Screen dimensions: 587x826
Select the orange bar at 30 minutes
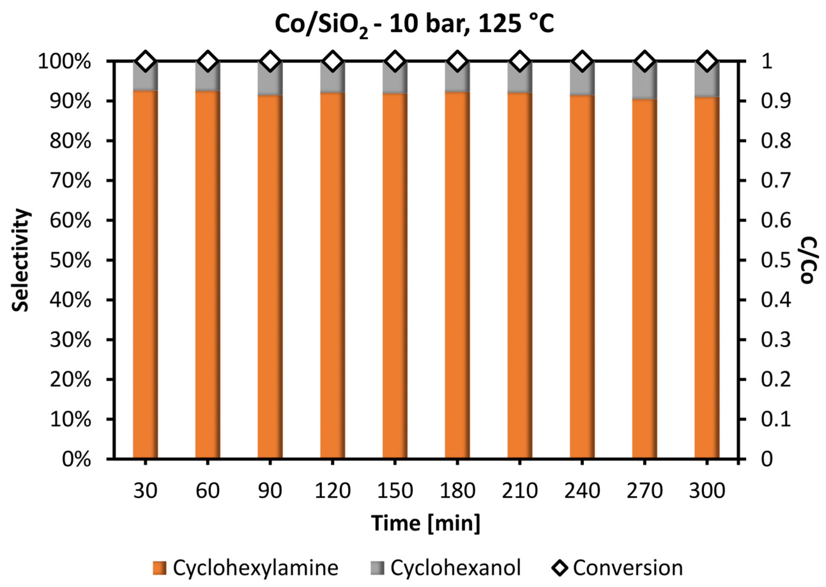(145, 275)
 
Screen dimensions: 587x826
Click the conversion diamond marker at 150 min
(395, 61)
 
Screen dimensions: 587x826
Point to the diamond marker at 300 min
(707, 61)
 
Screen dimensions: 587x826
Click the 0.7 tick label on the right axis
(776, 181)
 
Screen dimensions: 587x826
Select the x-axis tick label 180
(457, 491)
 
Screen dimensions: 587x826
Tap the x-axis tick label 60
(207, 491)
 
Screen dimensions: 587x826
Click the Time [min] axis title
(426, 523)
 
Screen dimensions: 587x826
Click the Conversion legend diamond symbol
(560, 568)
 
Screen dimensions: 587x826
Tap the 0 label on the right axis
(767, 460)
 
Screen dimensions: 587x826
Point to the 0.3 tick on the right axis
(776, 340)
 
